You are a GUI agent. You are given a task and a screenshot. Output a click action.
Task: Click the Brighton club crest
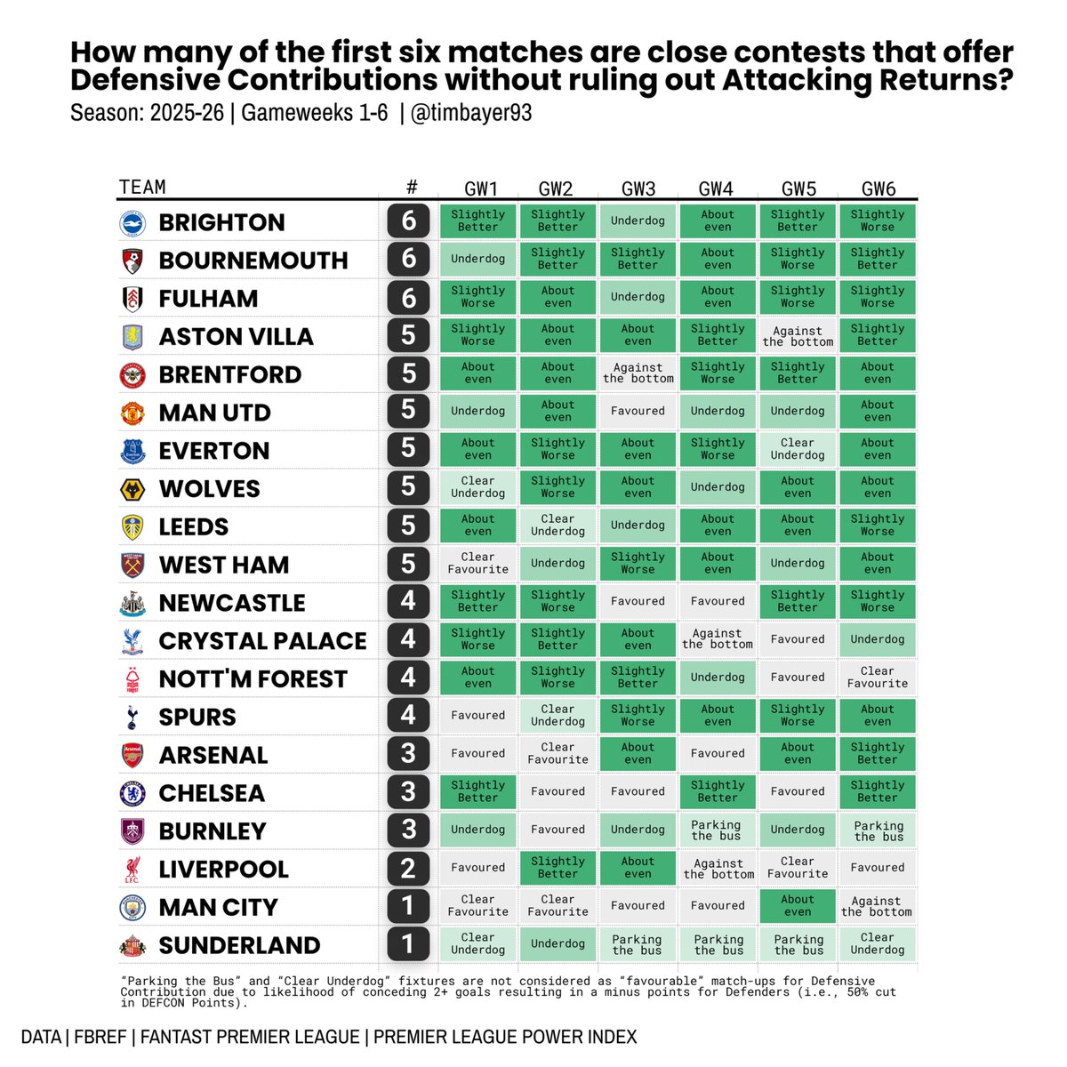tap(132, 222)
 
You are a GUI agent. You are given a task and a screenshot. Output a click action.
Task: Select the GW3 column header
tap(638, 189)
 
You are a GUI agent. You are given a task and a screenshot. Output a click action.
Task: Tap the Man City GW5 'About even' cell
tap(798, 906)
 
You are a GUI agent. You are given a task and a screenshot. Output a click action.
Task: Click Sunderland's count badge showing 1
tap(408, 944)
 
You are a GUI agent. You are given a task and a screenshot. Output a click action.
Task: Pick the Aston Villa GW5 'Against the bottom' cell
tap(798, 336)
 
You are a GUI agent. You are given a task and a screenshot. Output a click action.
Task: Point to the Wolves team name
tap(209, 489)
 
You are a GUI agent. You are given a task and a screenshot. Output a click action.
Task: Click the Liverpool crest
tap(132, 869)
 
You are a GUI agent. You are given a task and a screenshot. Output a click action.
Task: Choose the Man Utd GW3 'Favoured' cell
tap(638, 412)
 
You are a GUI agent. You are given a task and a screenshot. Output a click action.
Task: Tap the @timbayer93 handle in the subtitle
tap(471, 114)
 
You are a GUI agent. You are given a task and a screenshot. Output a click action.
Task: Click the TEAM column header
tap(142, 187)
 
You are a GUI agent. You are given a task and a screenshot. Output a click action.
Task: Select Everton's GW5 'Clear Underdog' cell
tap(798, 449)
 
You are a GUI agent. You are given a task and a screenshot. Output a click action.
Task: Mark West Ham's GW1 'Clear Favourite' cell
tap(477, 564)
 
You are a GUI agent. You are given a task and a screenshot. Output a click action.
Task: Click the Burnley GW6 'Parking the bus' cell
tap(878, 830)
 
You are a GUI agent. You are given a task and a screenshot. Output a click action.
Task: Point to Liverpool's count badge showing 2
tap(408, 869)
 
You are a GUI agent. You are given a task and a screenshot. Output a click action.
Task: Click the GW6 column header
tap(878, 189)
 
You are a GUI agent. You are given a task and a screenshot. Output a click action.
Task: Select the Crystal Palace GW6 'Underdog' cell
tap(878, 639)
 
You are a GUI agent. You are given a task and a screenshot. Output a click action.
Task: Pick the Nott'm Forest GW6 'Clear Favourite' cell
tap(878, 678)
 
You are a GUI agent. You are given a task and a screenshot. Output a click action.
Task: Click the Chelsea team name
tap(212, 793)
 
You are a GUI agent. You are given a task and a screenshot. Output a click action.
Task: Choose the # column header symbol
tap(411, 187)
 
